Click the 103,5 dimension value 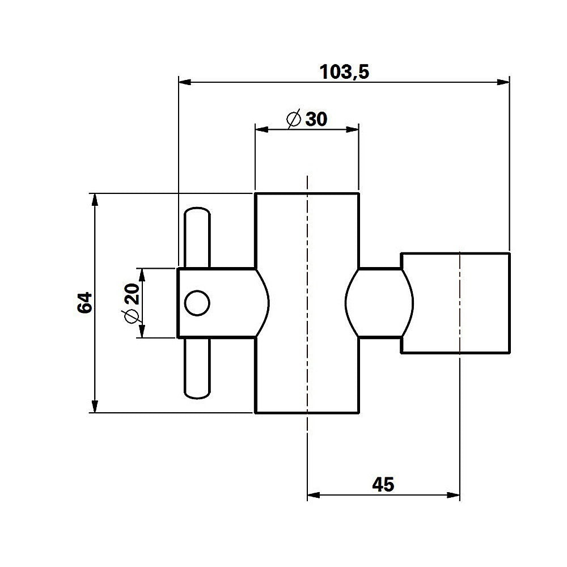click(x=344, y=72)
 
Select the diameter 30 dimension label click(x=307, y=119)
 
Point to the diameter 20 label click(x=131, y=302)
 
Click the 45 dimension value click(x=383, y=485)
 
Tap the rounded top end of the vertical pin click(x=197, y=211)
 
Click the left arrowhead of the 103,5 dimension click(x=184, y=83)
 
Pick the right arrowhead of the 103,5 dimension click(x=504, y=83)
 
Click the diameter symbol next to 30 click(x=294, y=119)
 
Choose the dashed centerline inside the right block click(x=460, y=302)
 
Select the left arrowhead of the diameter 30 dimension click(x=261, y=130)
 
